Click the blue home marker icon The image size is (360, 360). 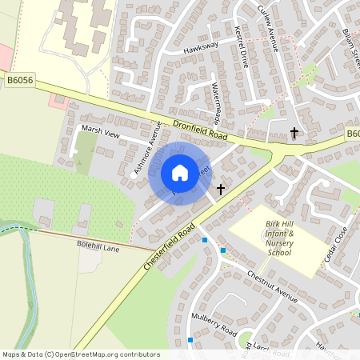tap(180, 172)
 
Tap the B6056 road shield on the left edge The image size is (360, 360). tap(18, 80)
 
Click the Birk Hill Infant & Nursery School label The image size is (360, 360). tap(280, 239)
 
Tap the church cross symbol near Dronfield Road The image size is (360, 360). tap(294, 132)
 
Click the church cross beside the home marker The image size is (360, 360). tap(220, 190)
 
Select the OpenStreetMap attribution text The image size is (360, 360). tap(81, 354)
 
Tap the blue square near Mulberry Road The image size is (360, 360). tap(190, 340)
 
